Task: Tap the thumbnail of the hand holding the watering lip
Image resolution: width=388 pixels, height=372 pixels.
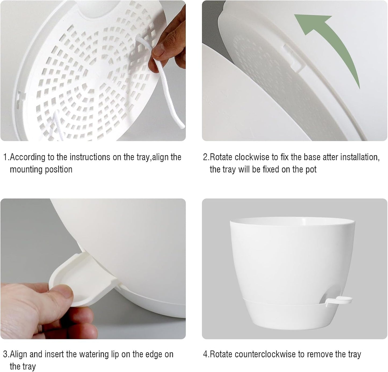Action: coord(93,269)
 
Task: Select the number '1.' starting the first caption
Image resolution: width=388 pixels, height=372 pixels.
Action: coord(6,157)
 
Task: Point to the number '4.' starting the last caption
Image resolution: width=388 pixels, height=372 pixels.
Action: coord(206,354)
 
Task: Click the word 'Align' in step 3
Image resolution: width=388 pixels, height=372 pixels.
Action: coord(19,354)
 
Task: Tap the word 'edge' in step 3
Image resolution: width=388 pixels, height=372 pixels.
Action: coord(146,354)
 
